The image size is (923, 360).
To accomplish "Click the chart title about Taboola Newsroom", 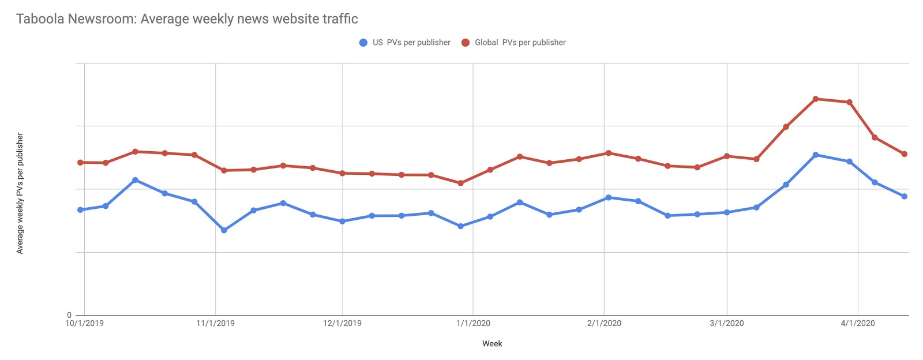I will pyautogui.click(x=187, y=19).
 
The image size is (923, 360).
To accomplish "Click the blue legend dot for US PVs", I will pyautogui.click(x=363, y=43).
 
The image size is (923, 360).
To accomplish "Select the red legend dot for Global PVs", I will pyautogui.click(x=466, y=43).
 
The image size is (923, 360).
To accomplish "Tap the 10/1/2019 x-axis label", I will pyautogui.click(x=84, y=323).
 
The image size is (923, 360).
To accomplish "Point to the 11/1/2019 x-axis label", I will pyautogui.click(x=215, y=323).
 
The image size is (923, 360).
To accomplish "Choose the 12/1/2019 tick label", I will pyautogui.click(x=343, y=323).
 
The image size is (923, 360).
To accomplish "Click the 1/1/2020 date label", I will pyautogui.click(x=473, y=323).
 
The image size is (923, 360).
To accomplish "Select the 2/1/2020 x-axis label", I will pyautogui.click(x=604, y=323).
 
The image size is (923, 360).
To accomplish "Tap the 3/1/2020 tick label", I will pyautogui.click(x=727, y=323).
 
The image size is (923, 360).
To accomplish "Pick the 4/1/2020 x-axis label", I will pyautogui.click(x=858, y=323).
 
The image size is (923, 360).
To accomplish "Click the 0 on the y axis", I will pyautogui.click(x=69, y=315).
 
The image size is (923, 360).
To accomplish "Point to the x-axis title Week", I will pyautogui.click(x=492, y=344).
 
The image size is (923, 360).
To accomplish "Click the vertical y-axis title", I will pyautogui.click(x=20, y=193).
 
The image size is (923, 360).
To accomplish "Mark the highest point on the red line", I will pyautogui.click(x=815, y=99).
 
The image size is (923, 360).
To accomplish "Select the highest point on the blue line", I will pyautogui.click(x=815, y=155).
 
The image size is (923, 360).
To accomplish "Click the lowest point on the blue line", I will pyautogui.click(x=224, y=230).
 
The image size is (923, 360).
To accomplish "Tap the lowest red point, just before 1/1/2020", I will pyautogui.click(x=460, y=183).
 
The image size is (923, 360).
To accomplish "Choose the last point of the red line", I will pyautogui.click(x=904, y=154).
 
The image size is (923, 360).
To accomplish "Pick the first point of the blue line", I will pyautogui.click(x=80, y=210).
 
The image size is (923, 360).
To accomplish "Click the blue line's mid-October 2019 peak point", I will pyautogui.click(x=135, y=180).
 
